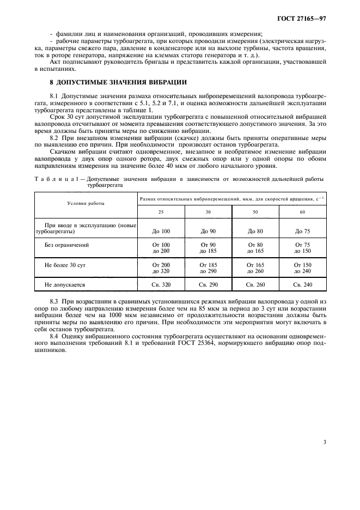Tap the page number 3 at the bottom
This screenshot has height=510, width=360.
tap(324, 442)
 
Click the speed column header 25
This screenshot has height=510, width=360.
tap(161, 212)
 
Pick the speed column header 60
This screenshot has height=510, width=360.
tap(302, 212)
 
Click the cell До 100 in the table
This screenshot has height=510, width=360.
tap(161, 231)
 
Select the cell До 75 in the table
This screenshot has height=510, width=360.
tap(302, 231)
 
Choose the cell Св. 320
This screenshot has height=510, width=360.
tap(161, 284)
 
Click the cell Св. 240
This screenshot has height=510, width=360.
tap(302, 284)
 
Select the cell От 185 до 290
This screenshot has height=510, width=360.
tap(208, 268)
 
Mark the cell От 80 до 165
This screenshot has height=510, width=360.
tap(255, 248)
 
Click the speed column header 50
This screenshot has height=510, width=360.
tap(255, 212)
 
